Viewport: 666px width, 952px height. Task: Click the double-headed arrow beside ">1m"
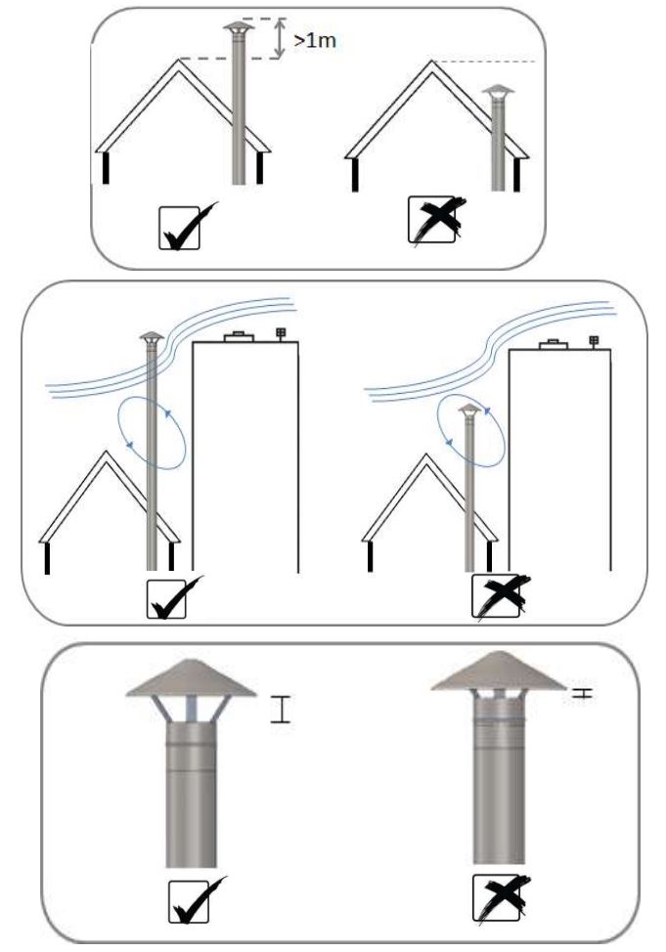click(282, 38)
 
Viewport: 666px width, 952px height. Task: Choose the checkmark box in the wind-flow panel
click(169, 597)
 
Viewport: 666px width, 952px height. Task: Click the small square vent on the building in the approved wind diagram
click(282, 333)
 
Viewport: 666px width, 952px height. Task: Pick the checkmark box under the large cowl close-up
click(190, 903)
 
